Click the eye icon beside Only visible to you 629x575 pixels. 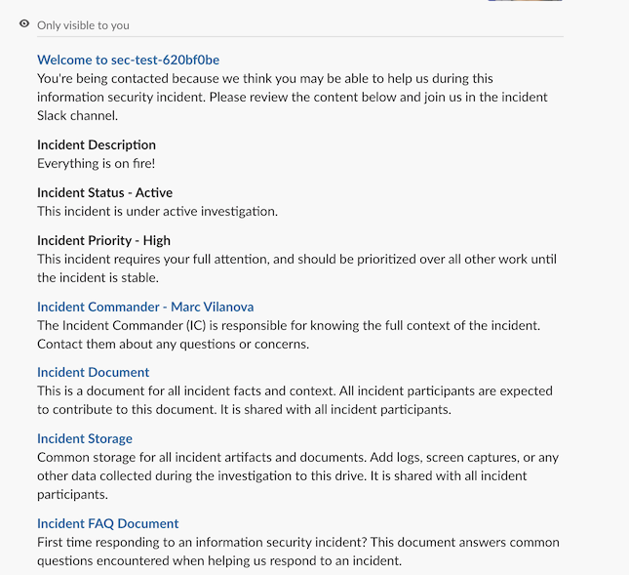[24, 24]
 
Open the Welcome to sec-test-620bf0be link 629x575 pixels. [128, 60]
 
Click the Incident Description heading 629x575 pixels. [97, 144]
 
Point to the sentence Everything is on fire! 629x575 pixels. [96, 163]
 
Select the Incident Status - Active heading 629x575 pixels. [104, 192]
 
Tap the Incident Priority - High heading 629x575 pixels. [103, 240]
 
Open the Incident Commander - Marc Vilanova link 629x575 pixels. [145, 307]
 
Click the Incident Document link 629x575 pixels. [93, 372]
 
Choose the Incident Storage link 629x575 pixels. [85, 438]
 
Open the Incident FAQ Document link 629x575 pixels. [107, 523]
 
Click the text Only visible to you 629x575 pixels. [83, 25]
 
